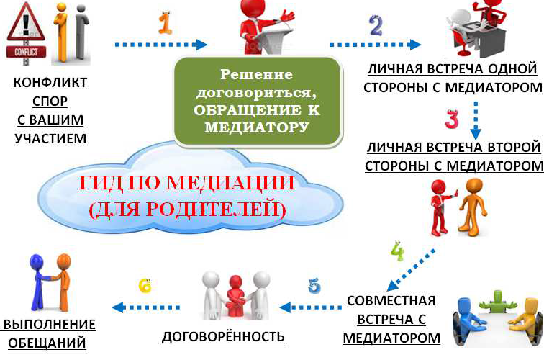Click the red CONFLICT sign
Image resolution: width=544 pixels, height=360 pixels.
(26, 52)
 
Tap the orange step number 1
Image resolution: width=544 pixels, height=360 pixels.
(166, 23)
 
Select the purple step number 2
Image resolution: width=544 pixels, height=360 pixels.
(376, 25)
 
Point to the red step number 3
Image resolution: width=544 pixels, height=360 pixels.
(452, 120)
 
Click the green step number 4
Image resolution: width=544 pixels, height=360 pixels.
(398, 251)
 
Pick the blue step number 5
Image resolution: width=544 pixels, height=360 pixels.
(314, 286)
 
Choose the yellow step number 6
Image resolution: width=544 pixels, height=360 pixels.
(145, 286)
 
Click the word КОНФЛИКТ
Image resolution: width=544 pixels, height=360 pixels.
(50, 83)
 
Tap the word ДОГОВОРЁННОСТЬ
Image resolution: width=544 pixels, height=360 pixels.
(223, 336)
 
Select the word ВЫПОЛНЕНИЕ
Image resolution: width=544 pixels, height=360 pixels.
(49, 324)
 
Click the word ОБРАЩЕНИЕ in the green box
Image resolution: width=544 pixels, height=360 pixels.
(242, 110)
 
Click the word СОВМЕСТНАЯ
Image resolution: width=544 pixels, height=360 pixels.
(391, 301)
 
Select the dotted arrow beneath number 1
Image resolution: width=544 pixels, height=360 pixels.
(161, 45)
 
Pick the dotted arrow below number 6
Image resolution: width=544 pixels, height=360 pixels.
(146, 307)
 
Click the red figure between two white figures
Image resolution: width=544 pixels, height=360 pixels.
(235, 296)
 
